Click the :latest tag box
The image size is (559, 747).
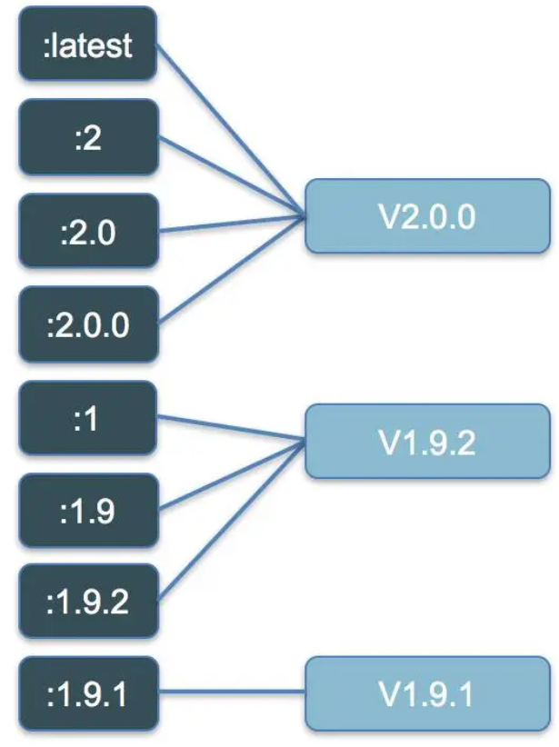(87, 45)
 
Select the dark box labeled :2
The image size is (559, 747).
(87, 138)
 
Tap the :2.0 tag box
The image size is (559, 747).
(87, 232)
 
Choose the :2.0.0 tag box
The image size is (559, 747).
(87, 324)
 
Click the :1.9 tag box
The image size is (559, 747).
(87, 512)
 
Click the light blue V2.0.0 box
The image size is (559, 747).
(427, 217)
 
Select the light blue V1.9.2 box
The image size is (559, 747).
(427, 443)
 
